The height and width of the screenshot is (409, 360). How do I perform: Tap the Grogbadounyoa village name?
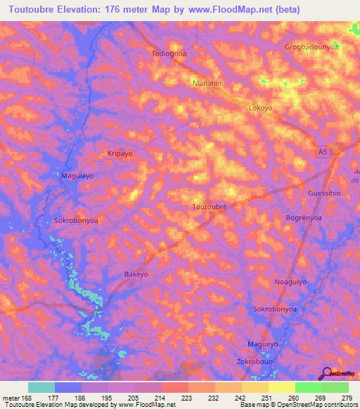pos(312,47)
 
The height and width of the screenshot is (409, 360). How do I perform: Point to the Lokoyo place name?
pos(260,109)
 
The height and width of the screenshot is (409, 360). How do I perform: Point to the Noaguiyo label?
pos(290,281)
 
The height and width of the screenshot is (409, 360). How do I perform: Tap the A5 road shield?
pos(321,152)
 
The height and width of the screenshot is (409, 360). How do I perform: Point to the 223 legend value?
pos(187,397)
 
